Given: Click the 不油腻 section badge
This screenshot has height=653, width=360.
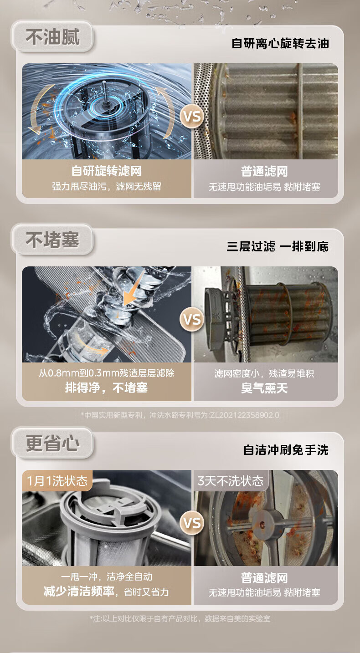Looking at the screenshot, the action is click(x=52, y=36).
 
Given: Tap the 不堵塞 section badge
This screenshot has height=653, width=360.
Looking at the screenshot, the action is click(x=52, y=240).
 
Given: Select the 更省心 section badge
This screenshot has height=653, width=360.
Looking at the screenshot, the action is click(x=52, y=443).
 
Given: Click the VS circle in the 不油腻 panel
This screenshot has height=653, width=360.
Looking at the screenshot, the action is click(x=192, y=116).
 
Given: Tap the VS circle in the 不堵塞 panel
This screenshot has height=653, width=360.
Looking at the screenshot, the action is click(x=192, y=319).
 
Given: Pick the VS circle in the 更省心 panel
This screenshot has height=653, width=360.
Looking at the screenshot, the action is click(x=192, y=523).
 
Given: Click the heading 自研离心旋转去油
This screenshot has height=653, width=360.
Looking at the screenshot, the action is click(x=280, y=43).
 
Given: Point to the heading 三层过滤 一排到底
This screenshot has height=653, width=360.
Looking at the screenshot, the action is click(x=278, y=246).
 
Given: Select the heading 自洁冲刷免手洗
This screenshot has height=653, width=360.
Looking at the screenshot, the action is click(x=286, y=450).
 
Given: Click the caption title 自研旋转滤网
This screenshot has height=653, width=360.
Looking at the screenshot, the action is click(x=107, y=171).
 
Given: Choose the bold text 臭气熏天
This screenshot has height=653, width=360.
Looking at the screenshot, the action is click(x=264, y=388).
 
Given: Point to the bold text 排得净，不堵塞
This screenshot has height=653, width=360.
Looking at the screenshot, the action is click(x=107, y=388).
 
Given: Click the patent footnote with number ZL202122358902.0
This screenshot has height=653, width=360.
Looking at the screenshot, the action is click(x=180, y=415).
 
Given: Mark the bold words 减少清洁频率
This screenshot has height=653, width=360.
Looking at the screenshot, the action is click(x=79, y=592).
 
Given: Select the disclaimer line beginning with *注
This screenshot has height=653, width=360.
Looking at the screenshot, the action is click(x=180, y=618).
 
